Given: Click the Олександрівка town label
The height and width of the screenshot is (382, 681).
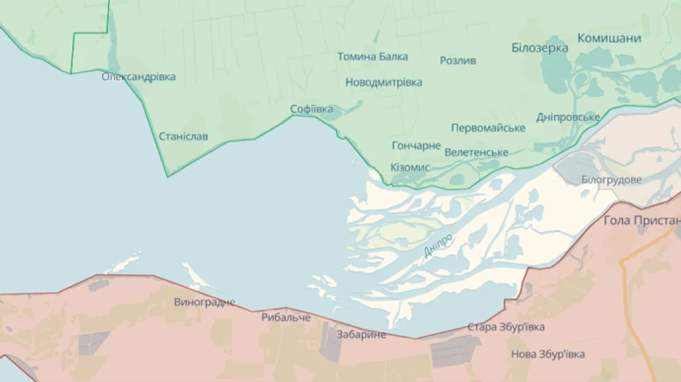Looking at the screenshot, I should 138,76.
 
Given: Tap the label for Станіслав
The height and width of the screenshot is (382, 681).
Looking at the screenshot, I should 183,137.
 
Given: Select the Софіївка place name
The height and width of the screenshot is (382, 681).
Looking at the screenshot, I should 312,109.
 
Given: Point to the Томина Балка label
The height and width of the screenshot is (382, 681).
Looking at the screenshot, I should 372,56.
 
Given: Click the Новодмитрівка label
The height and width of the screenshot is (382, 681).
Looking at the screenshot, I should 384,82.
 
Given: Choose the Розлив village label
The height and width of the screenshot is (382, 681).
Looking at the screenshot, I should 458,61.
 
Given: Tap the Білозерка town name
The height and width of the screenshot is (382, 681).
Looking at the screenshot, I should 540,47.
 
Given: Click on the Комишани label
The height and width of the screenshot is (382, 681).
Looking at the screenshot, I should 609,38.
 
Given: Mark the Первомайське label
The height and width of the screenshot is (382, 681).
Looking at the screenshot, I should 488,127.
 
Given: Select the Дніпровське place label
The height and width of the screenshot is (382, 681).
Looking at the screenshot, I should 567,116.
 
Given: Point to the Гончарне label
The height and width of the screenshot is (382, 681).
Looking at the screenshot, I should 416,145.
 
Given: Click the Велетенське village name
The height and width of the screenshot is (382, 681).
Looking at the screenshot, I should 476,152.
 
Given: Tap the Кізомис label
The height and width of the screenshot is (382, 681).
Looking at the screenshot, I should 410,166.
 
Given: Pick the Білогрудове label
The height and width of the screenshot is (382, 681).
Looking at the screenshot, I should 611,179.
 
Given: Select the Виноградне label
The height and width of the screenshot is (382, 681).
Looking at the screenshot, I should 204,302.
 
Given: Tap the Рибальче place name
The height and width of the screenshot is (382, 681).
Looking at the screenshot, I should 286,317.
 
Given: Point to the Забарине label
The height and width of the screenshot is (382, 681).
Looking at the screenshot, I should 362,334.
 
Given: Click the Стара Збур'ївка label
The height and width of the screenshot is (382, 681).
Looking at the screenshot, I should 506,327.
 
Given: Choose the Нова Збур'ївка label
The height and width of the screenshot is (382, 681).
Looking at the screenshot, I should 548,354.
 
